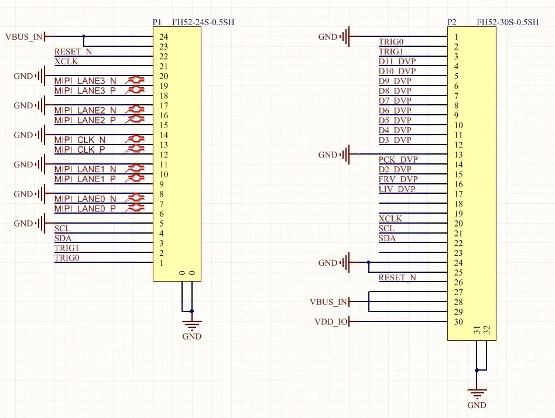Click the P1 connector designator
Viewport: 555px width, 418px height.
pyautogui.click(x=157, y=22)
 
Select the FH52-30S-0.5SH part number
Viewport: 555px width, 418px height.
pyautogui.click(x=508, y=22)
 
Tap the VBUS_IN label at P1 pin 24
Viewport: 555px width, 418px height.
pyautogui.click(x=23, y=37)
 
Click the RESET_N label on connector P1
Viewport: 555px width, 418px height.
pyautogui.click(x=73, y=52)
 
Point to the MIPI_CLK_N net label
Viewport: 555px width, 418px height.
pyautogui.click(x=80, y=140)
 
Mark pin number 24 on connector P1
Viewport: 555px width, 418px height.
pyautogui.click(x=163, y=37)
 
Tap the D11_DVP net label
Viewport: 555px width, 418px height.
pyautogui.click(x=397, y=61)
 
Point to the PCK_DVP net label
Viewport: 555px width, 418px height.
pyautogui.click(x=398, y=159)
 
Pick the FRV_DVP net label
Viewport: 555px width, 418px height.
pyautogui.click(x=398, y=179)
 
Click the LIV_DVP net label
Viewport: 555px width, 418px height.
pyautogui.click(x=397, y=189)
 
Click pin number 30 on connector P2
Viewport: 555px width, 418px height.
pyautogui.click(x=458, y=321)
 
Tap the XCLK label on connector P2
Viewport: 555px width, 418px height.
pyautogui.click(x=390, y=218)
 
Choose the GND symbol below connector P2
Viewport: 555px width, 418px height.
pyautogui.click(x=477, y=396)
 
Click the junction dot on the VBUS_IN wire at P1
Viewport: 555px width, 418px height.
pyautogui.click(x=84, y=37)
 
